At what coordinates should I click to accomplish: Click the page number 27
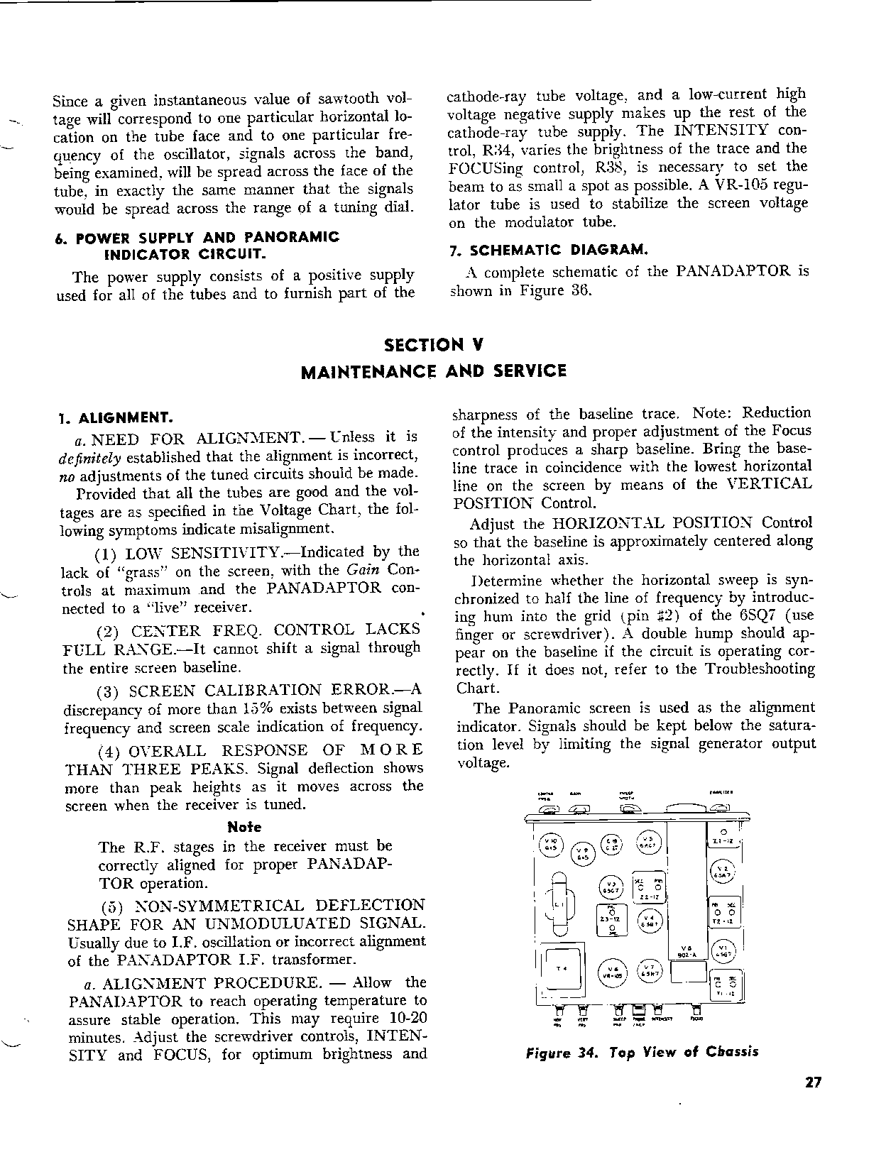coord(814,1082)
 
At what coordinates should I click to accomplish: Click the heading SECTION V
coord(434,345)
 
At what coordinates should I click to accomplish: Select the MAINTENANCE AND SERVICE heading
coord(434,371)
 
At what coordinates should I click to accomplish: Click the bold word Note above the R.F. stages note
coord(244,827)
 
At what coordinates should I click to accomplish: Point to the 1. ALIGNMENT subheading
coord(115,417)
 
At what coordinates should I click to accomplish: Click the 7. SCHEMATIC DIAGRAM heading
coord(549,250)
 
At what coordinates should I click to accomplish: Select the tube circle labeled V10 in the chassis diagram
coord(550,844)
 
